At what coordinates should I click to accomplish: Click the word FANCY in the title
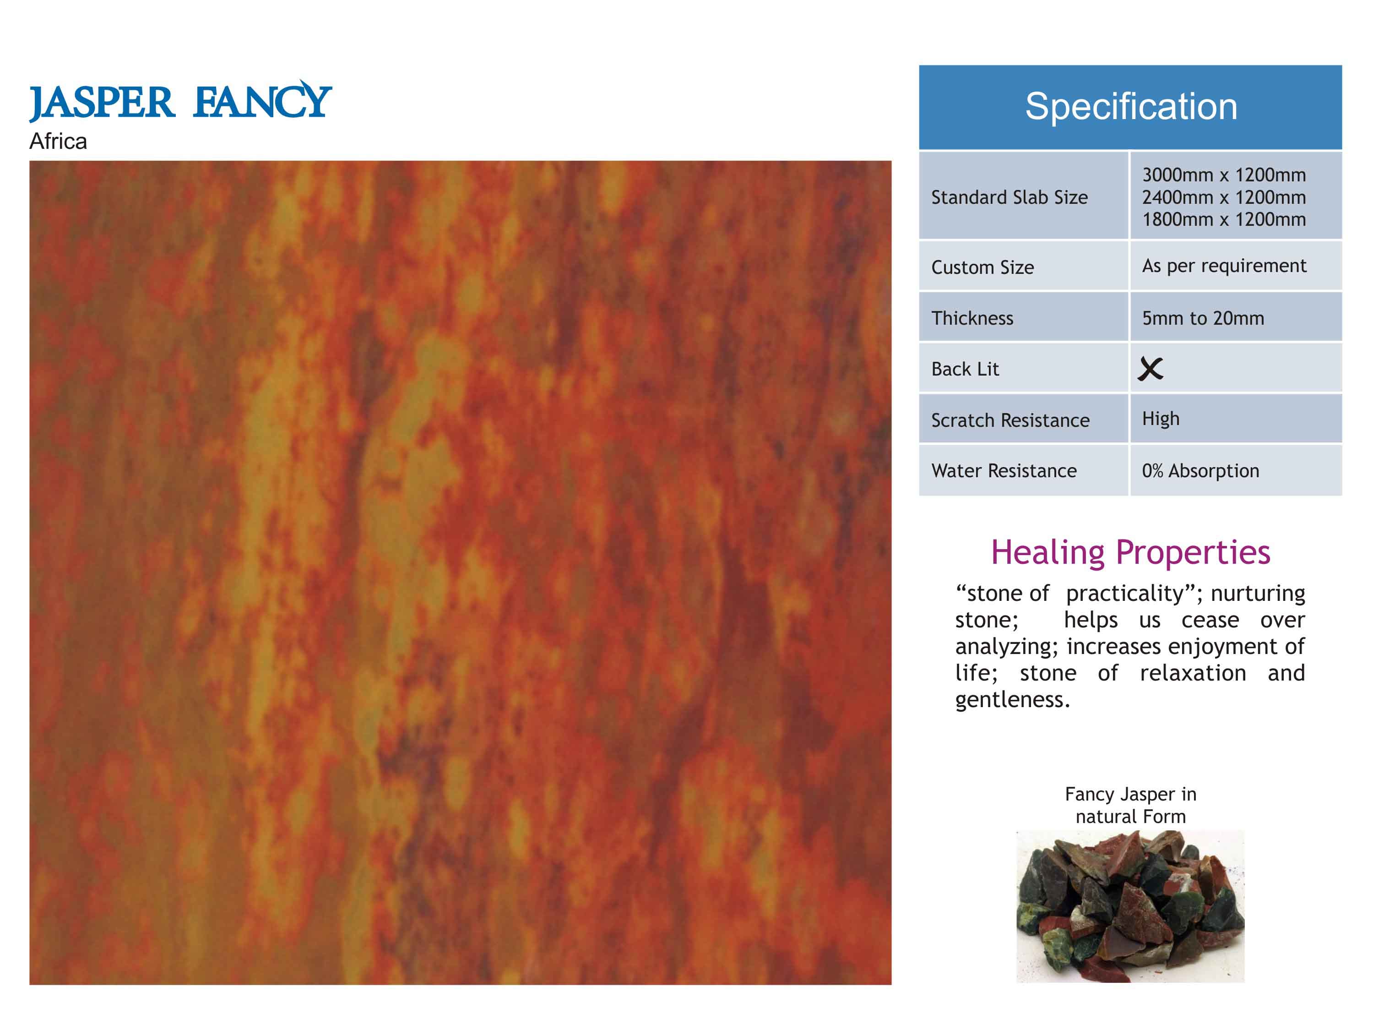pos(262,99)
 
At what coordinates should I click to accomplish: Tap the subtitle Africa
pos(58,142)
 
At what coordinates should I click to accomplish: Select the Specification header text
pos(1131,106)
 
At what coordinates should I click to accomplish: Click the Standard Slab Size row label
pos(1009,197)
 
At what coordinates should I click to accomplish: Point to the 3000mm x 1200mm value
pos(1224,175)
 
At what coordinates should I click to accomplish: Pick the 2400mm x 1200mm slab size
pos(1224,197)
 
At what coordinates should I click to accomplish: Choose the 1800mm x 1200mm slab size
pos(1224,220)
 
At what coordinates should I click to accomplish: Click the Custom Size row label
pos(982,267)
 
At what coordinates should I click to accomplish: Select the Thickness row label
pos(972,318)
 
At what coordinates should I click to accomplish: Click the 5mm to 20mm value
pos(1203,318)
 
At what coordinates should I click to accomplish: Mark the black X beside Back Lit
pos(1150,369)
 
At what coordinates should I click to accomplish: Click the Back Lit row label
pos(965,370)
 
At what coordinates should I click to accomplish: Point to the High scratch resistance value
pos(1161,419)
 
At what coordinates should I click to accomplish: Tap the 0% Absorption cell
pos(1200,471)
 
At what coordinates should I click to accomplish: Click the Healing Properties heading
pos(1130,553)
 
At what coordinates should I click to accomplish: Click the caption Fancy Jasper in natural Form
pos(1130,805)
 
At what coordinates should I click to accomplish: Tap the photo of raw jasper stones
pos(1130,906)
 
